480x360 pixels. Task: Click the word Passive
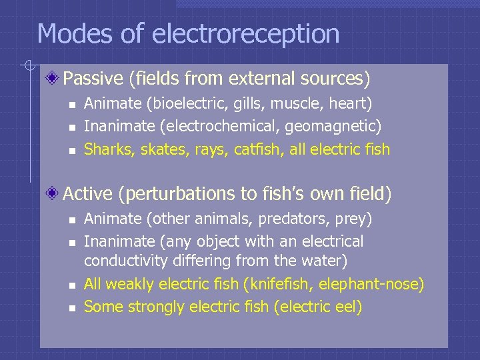point(93,79)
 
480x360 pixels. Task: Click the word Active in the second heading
point(88,194)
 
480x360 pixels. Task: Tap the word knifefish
point(281,284)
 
